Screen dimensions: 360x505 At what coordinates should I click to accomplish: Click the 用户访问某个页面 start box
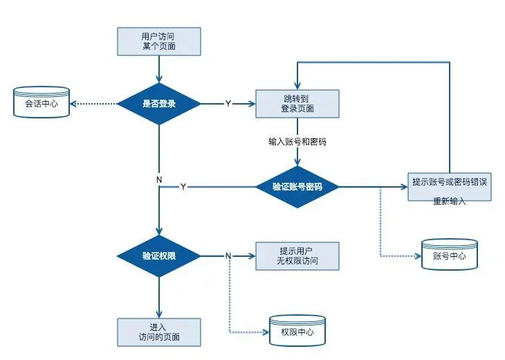pos(159,42)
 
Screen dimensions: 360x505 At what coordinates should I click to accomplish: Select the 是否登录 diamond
pos(159,104)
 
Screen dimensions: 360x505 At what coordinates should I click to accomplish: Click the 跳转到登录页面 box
pos(297,104)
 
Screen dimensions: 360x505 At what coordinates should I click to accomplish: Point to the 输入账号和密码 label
pos(297,141)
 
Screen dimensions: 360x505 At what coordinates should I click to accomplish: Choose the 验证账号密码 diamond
pos(297,187)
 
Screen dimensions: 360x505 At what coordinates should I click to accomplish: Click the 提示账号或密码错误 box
pos(450,182)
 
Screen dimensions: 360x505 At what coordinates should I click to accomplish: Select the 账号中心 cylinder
pos(450,254)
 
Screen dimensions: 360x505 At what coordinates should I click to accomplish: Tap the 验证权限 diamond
pos(159,255)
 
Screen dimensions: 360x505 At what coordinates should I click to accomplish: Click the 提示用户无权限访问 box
pos(297,255)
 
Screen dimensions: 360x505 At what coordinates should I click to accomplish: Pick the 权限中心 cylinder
pos(297,331)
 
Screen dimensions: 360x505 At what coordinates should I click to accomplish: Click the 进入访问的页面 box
pos(159,332)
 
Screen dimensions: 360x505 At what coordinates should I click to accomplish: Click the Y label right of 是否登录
pos(228,104)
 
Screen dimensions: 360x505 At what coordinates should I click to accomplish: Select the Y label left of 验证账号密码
pos(183,187)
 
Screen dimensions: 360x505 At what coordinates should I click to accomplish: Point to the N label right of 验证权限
pos(228,255)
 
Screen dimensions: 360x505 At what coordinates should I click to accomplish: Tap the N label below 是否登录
pos(159,180)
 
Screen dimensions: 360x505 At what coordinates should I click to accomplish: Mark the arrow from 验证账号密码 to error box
pos(374,187)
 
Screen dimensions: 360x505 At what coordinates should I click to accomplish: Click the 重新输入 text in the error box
pos(450,201)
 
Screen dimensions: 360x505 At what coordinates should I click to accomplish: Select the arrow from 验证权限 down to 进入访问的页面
pos(159,298)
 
